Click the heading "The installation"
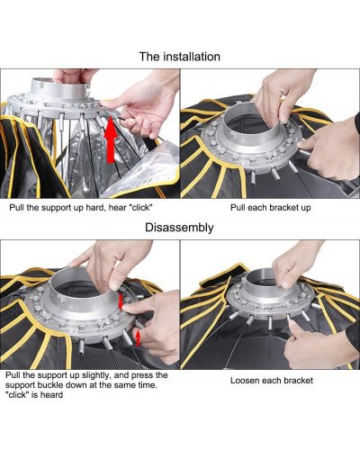click(180, 57)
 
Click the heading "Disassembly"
click(179, 228)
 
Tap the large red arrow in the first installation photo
click(111, 139)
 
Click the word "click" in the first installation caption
click(140, 208)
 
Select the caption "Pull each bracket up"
click(271, 208)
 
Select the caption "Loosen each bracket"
click(272, 381)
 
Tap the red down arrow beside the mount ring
click(121, 302)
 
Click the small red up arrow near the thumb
click(138, 337)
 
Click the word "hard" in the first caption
click(95, 208)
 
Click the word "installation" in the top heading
click(192, 57)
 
